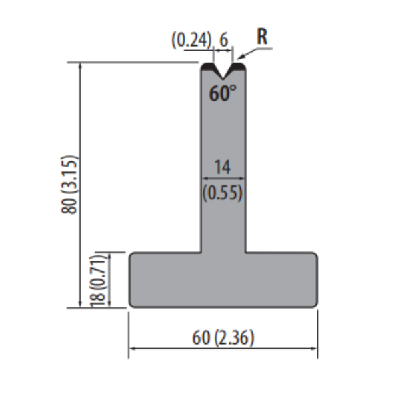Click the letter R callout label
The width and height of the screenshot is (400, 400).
click(262, 37)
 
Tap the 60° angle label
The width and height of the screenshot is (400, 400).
click(223, 93)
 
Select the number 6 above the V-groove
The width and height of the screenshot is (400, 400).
click(223, 40)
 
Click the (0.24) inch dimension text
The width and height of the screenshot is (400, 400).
click(191, 40)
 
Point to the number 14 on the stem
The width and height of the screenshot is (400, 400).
click(223, 167)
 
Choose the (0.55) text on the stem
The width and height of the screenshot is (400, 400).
click(222, 193)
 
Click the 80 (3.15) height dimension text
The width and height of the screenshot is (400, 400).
click(69, 185)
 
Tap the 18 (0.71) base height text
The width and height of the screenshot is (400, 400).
click(98, 280)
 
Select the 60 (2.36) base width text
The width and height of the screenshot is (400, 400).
click(223, 337)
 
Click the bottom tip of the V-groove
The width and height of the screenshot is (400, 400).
click(223, 79)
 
